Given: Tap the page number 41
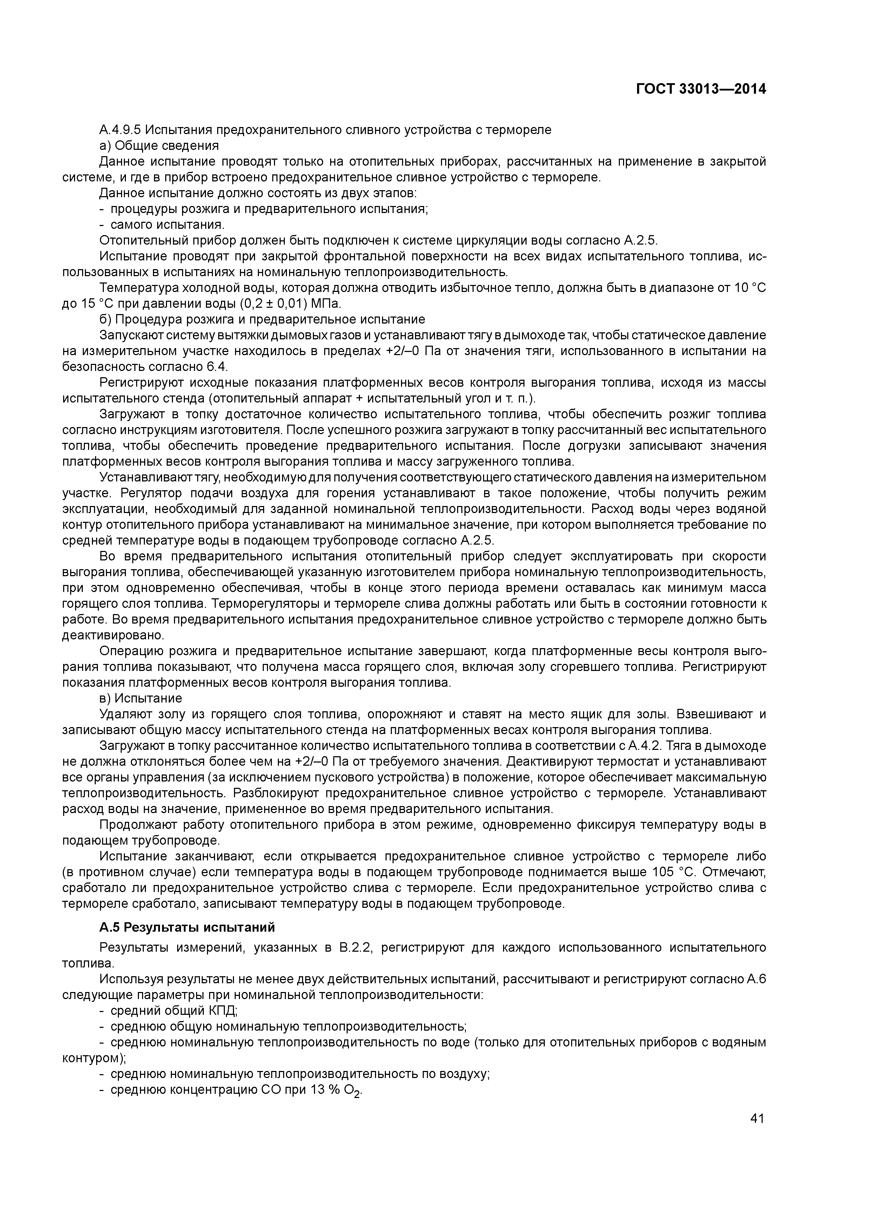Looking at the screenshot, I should (757, 1118).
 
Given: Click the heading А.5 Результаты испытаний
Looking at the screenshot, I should (187, 927).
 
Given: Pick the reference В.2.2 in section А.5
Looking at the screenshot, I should (355, 947).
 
